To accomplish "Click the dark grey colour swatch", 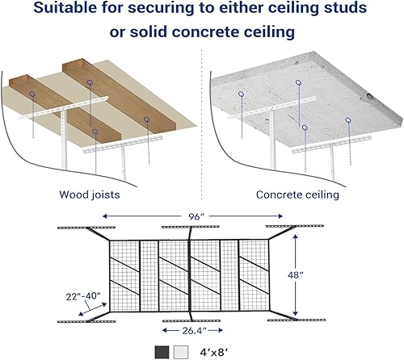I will [x=162, y=351].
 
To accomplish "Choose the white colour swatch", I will [x=181, y=351].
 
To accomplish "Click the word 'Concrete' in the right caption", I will [x=279, y=195].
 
